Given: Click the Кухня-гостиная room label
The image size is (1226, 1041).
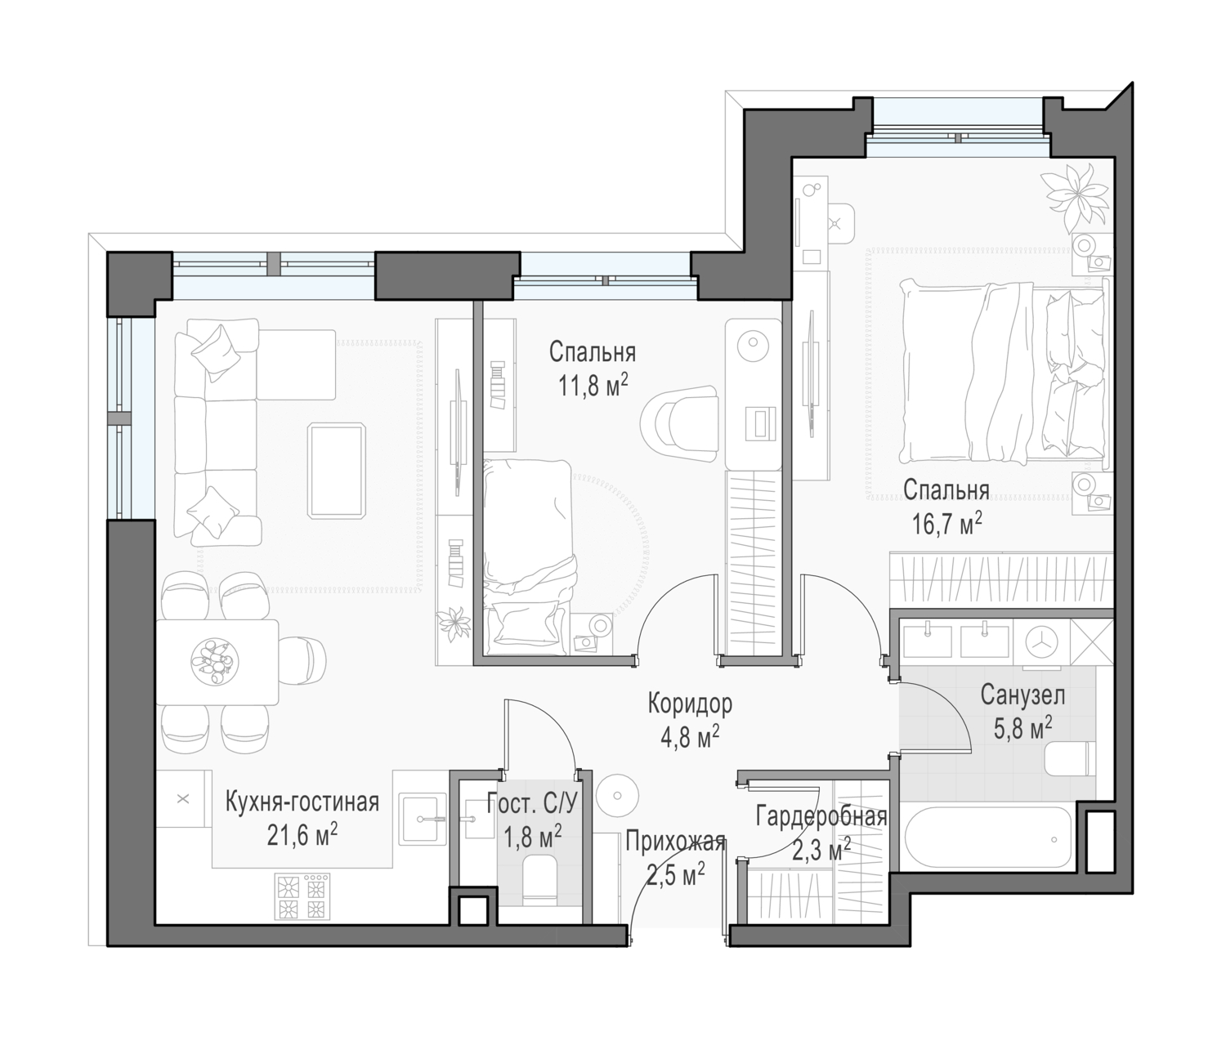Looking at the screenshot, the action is pos(302,802).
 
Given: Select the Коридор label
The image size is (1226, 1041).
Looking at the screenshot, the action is pos(690,704).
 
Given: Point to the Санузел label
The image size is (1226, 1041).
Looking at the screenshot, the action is pos(1022,695).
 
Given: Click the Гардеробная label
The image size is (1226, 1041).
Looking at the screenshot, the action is pos(821,817).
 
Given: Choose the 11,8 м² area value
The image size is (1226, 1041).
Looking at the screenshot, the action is pos(593,386).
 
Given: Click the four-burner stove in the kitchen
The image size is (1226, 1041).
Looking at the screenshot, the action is pos(302,896).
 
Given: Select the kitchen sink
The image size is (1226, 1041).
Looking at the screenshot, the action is pos(423,820).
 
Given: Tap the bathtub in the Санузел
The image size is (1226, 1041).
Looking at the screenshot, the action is pos(987,839).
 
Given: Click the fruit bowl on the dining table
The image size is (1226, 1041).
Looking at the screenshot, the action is pos(215,661).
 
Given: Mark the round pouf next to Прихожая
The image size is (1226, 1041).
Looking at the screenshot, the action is pos(617,796).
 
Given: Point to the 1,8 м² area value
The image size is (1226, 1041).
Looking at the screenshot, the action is pos(533,838).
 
